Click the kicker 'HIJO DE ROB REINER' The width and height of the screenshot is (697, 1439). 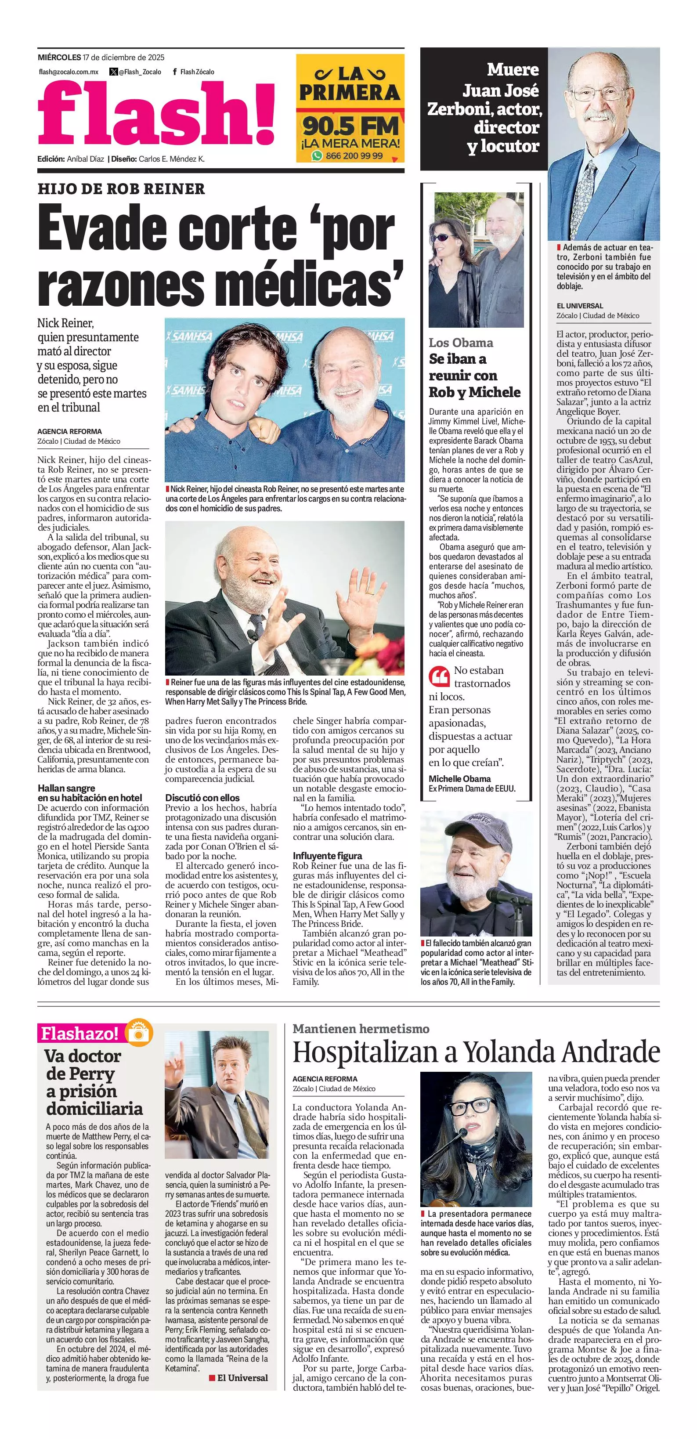[121, 189]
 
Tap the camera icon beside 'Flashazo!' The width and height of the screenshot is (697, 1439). [140, 1032]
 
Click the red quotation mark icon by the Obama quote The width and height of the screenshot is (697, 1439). [439, 676]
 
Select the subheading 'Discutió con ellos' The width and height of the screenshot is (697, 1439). [202, 798]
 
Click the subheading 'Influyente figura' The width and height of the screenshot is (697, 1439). [327, 856]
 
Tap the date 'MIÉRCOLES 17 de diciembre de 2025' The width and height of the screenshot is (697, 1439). [101, 57]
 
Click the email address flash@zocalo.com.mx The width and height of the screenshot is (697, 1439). [69, 72]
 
